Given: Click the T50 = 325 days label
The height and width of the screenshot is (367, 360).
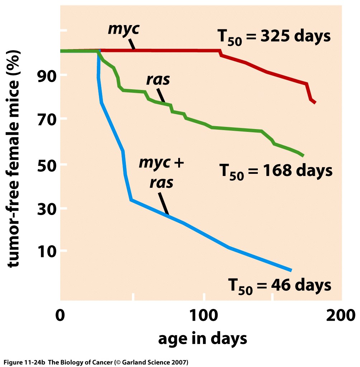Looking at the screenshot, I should pos(274,37).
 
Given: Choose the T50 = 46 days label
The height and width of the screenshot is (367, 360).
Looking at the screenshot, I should pos(279,286).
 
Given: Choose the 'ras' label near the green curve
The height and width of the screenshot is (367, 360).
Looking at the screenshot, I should pos(158,80).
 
